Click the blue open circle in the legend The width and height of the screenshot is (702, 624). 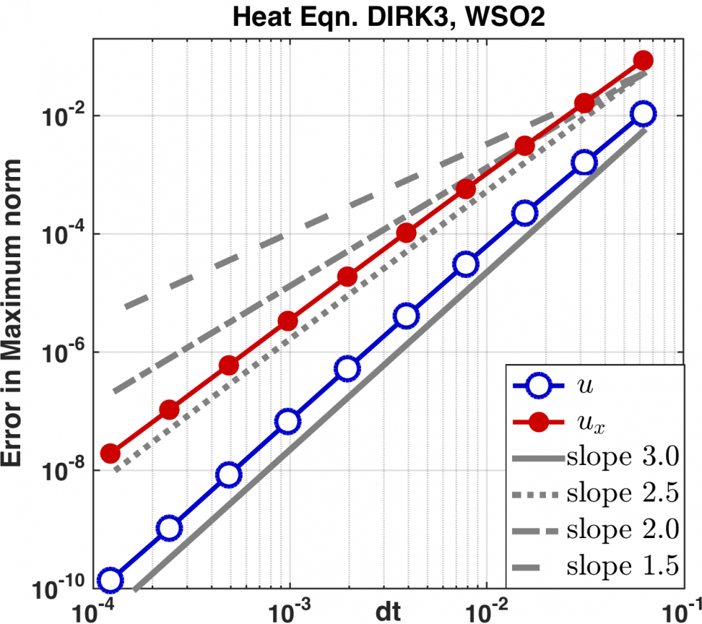click(537, 386)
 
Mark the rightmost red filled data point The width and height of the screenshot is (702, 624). click(643, 60)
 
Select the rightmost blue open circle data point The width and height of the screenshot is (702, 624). click(643, 113)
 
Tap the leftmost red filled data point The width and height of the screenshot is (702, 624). click(110, 453)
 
